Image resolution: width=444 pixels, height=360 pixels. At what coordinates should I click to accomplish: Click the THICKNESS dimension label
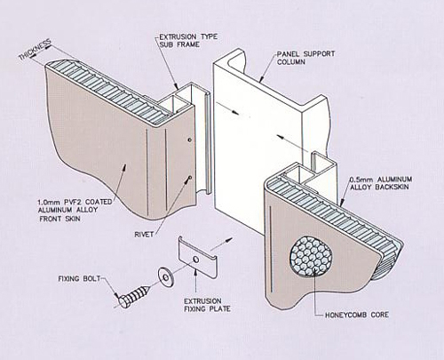(x=35, y=50)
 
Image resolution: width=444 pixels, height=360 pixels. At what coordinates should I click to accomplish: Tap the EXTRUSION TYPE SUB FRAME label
(x=188, y=41)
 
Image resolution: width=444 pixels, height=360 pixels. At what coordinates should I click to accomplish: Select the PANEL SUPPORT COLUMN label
(x=305, y=58)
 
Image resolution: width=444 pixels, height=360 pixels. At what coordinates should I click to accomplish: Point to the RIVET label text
(x=144, y=235)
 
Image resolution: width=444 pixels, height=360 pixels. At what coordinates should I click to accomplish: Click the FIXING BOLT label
(x=79, y=278)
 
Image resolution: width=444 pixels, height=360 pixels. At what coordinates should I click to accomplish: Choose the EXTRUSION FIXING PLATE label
(x=207, y=305)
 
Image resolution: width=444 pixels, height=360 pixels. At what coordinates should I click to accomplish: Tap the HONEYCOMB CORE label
(x=357, y=315)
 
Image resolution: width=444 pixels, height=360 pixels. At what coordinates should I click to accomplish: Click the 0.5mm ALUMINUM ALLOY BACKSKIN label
(x=381, y=183)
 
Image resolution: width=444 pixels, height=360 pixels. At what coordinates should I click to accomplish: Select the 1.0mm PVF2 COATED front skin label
(x=75, y=211)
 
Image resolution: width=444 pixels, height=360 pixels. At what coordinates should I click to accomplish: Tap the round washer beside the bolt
(x=165, y=277)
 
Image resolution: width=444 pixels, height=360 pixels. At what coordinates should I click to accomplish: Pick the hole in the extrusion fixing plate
(x=195, y=260)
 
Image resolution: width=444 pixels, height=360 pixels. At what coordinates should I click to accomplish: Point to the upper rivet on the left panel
(x=189, y=139)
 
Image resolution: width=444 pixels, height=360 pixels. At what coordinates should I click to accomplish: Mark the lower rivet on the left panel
(x=189, y=178)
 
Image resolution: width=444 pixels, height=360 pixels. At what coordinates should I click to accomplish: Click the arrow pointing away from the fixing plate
(x=221, y=243)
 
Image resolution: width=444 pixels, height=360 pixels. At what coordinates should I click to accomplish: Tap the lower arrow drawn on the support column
(x=289, y=141)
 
